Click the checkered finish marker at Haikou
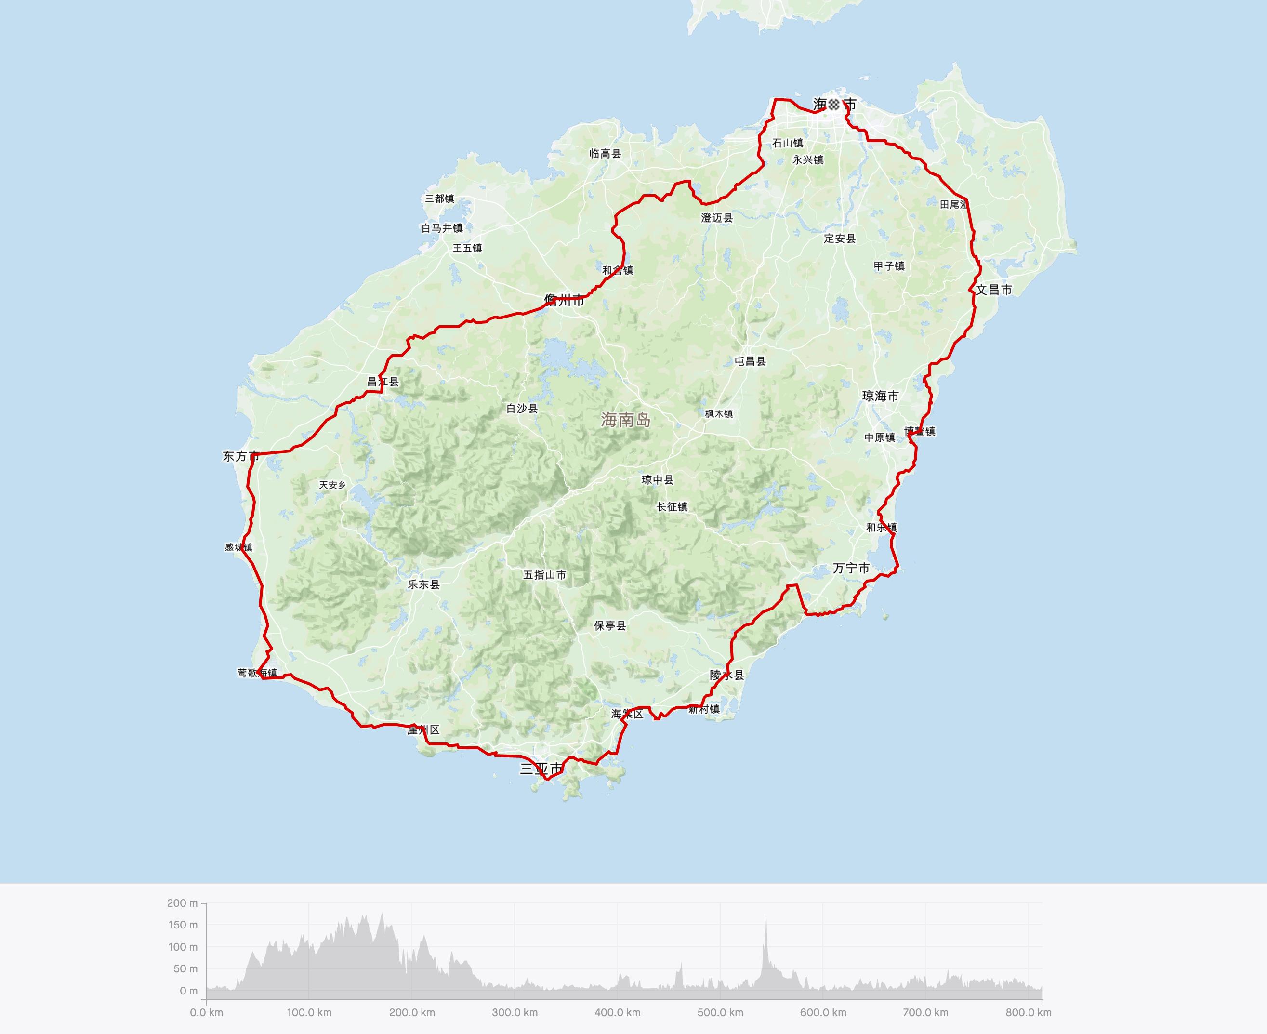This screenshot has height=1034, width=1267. point(833,104)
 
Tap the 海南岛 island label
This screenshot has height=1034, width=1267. point(625,420)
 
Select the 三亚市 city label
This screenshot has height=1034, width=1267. point(541,769)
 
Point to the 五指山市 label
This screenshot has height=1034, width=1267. point(544,575)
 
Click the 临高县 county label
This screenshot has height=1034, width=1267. point(605,154)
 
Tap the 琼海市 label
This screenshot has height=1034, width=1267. point(880,396)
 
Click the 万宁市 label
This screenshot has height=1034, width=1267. point(851,568)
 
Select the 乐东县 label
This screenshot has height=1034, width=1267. point(423,584)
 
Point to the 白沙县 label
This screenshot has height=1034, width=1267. point(522,409)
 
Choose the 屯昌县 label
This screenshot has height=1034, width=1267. point(750,361)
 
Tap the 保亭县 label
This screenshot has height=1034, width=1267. point(610,625)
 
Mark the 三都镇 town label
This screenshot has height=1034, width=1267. point(439,199)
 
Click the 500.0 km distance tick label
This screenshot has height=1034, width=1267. point(720,1012)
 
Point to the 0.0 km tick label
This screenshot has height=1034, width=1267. point(207,1012)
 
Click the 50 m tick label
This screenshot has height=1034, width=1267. point(185,968)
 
